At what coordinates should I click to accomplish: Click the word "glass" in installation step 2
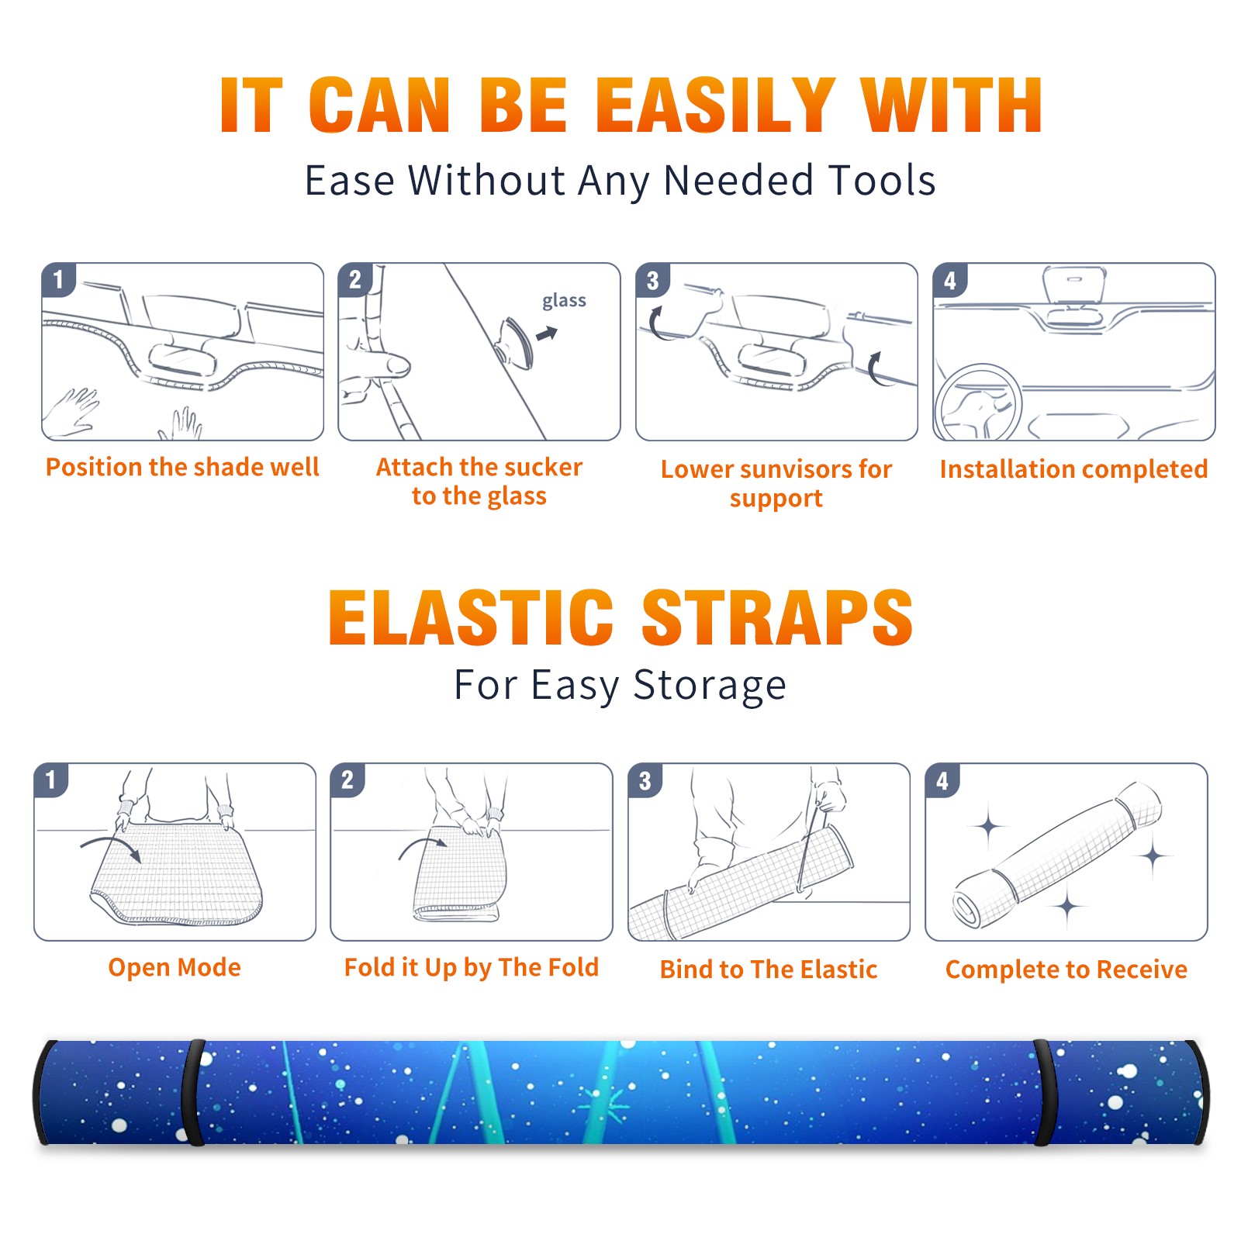click(x=564, y=301)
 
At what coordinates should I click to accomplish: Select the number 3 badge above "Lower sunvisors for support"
click(x=652, y=280)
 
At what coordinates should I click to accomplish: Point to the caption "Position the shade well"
click(x=182, y=467)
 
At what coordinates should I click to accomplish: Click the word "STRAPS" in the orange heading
click(x=777, y=617)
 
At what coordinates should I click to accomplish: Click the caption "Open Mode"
click(x=175, y=967)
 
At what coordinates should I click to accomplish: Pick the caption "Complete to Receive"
click(x=1066, y=970)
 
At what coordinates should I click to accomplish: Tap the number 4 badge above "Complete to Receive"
click(x=942, y=780)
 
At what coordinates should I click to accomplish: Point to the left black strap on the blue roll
click(x=193, y=1092)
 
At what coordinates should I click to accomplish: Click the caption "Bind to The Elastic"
click(x=769, y=970)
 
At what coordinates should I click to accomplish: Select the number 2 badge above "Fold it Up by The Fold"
click(x=347, y=780)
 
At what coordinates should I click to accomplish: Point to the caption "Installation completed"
click(x=1074, y=469)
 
